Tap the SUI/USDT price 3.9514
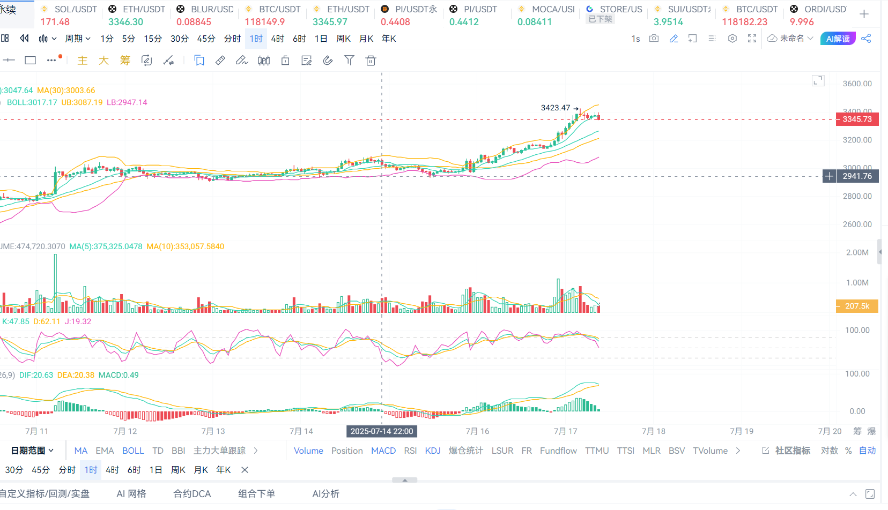point(668,22)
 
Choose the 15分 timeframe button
point(153,39)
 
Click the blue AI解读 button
point(838,39)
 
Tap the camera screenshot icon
point(654,39)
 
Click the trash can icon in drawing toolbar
point(371,61)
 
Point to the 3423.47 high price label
point(556,108)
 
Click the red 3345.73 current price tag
point(857,119)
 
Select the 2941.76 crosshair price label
point(857,176)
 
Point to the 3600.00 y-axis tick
point(857,84)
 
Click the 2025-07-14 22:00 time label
point(382,431)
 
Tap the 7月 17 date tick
point(565,431)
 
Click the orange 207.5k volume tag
point(857,306)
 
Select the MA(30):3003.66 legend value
point(66,91)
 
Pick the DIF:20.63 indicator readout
point(36,375)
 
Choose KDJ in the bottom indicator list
point(433,451)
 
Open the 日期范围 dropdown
point(32,451)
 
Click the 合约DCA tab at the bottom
point(192,493)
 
